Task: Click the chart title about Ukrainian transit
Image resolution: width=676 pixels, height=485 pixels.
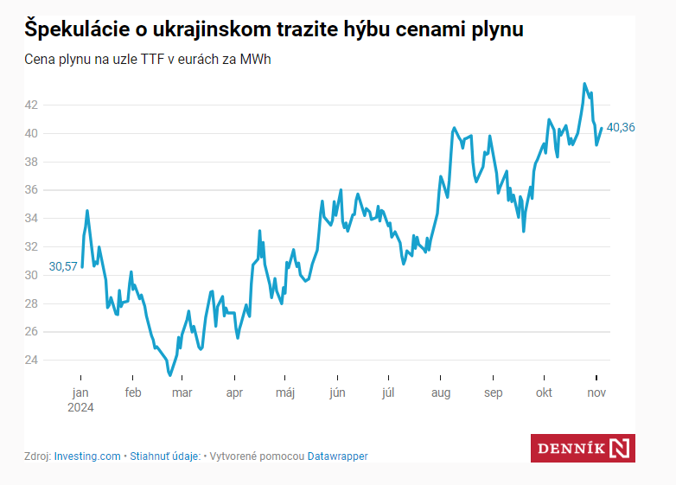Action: [x=273, y=30]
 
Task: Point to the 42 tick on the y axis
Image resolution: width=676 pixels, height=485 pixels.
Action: [x=31, y=105]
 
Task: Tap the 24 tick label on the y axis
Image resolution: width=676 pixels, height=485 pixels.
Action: [x=31, y=360]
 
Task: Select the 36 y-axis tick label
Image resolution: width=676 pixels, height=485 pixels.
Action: [x=31, y=189]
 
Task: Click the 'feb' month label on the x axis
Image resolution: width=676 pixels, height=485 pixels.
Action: [x=132, y=392]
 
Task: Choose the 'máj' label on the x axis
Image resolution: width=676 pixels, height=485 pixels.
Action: [x=285, y=392]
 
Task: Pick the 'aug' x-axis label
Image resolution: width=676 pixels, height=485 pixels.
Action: [x=440, y=392]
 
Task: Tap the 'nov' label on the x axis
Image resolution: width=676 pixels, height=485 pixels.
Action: [x=597, y=392]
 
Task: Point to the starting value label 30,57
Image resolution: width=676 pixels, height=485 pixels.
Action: [x=63, y=266]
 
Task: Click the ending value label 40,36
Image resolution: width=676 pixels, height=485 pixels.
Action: [x=621, y=127]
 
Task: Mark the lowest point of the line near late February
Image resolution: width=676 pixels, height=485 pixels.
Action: [x=170, y=374]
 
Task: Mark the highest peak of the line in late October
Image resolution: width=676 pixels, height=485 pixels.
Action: [x=585, y=84]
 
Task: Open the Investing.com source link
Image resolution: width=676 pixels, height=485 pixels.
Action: [x=87, y=456]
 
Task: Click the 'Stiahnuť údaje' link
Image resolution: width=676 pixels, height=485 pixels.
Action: [x=165, y=456]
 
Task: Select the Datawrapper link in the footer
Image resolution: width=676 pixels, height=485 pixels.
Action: [x=338, y=456]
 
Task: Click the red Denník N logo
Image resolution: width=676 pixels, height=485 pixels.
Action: [x=583, y=448]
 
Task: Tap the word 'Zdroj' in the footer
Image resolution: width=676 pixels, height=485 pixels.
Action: [x=36, y=456]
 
